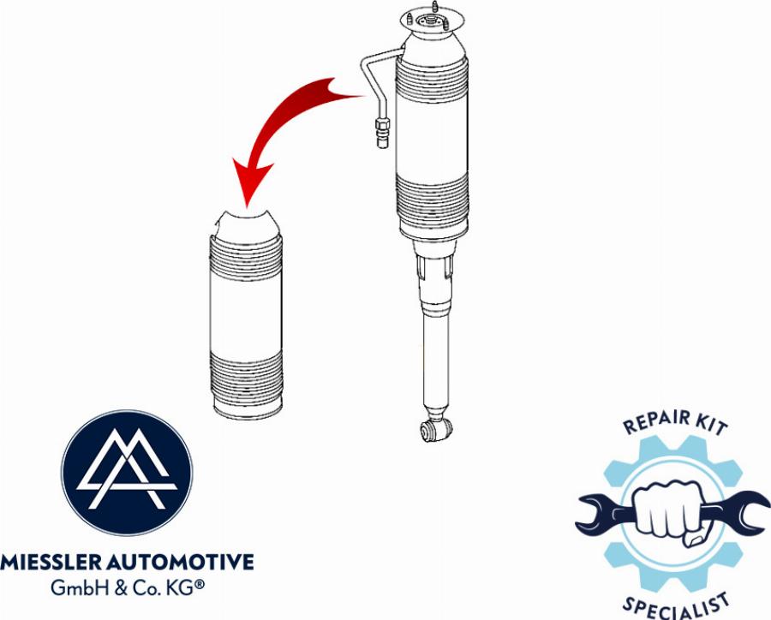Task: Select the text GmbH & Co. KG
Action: click(127, 589)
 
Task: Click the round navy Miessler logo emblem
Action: click(127, 474)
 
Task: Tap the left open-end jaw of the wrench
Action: click(591, 514)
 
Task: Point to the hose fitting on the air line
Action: click(380, 130)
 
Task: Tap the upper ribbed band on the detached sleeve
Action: click(246, 253)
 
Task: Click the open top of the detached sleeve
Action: click(246, 221)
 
